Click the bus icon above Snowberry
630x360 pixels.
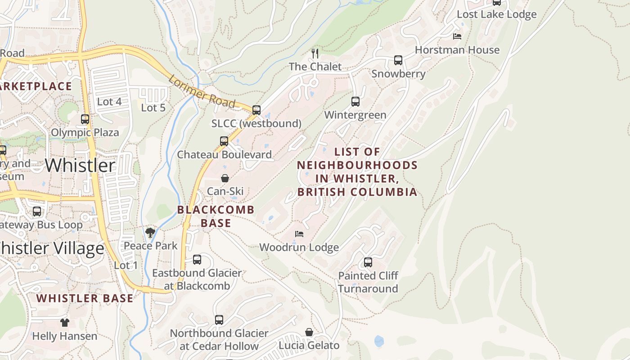click(x=398, y=60)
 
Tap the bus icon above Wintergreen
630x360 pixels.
click(x=355, y=102)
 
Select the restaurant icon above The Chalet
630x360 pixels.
click(x=315, y=54)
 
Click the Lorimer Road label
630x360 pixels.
click(x=202, y=92)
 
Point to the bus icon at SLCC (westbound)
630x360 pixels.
click(x=256, y=110)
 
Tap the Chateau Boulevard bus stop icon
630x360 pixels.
click(x=224, y=141)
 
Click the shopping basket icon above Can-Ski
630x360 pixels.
click(x=225, y=178)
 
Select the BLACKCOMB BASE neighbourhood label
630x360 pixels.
click(x=216, y=216)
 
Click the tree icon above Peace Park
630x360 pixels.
click(x=150, y=233)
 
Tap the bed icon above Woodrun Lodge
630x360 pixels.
click(x=299, y=234)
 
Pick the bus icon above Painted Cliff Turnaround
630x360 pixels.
click(x=368, y=262)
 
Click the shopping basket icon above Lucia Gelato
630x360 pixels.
click(x=309, y=332)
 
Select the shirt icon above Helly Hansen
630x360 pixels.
click(x=65, y=322)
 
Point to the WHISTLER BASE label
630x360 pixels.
click(x=85, y=298)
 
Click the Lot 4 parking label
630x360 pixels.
click(x=109, y=102)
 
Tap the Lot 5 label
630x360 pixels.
click(x=153, y=108)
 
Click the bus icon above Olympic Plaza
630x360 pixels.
click(x=85, y=119)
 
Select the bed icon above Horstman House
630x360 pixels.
click(x=457, y=36)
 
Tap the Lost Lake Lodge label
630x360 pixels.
click(x=496, y=14)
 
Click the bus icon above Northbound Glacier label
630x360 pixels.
click(x=219, y=320)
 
